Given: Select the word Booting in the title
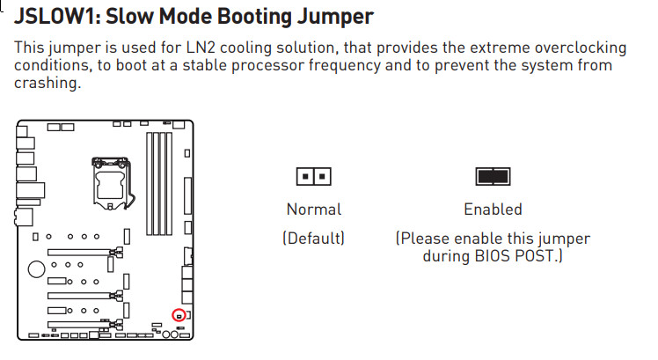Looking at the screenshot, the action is coord(255,18).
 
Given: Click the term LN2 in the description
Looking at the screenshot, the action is coord(201,48).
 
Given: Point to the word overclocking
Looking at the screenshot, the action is coord(581,48).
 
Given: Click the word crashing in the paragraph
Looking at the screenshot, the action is coord(48,84).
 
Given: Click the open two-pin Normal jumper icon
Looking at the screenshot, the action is coord(313,176).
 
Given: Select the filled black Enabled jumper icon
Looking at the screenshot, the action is coord(493,176).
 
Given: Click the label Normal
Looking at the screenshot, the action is coord(314,209).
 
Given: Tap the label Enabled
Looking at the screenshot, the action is coord(493,209).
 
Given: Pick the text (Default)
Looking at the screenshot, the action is coord(313,239).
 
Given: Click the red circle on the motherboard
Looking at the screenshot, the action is coord(179,315).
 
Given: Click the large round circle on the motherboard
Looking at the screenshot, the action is coord(37,268).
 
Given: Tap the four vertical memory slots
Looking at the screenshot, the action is coord(159,184).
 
